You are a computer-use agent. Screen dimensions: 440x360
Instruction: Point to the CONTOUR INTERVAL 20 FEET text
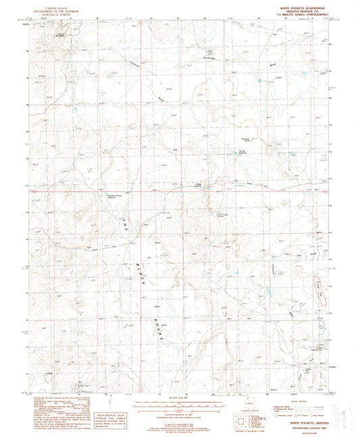click(180, 410)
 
